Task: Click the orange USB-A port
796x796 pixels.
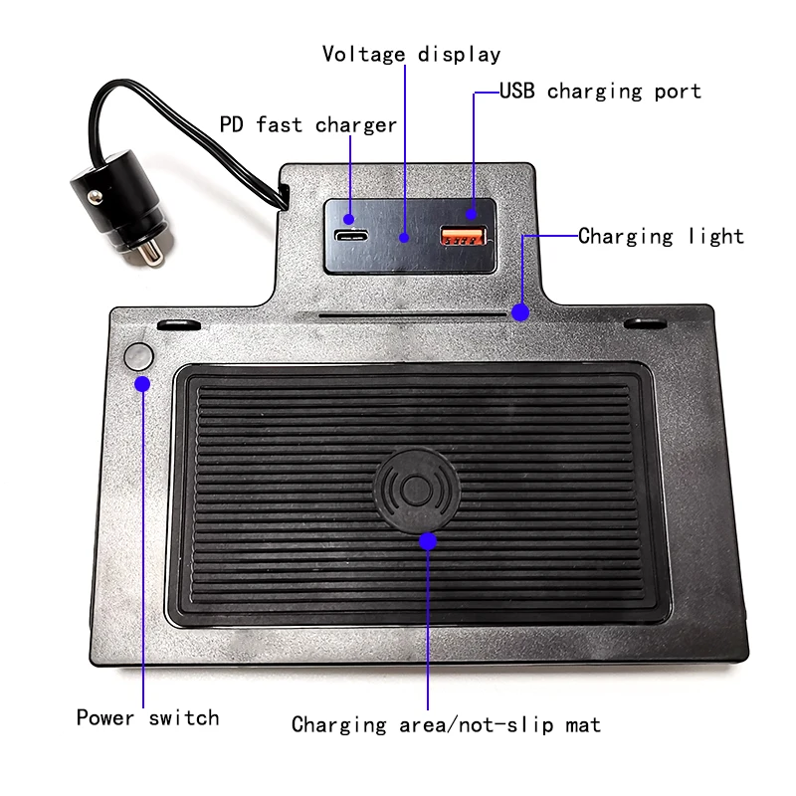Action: click(x=464, y=236)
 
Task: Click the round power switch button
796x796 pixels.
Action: click(x=138, y=356)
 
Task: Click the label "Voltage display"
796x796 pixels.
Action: click(x=411, y=54)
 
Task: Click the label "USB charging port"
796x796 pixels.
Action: click(x=600, y=92)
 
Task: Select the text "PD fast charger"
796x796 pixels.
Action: click(x=307, y=125)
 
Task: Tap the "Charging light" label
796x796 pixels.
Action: click(x=661, y=237)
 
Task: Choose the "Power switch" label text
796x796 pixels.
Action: click(x=147, y=717)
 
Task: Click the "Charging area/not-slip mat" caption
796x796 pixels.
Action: click(x=446, y=724)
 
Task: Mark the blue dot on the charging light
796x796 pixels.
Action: click(x=520, y=312)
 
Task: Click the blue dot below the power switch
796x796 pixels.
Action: click(x=142, y=383)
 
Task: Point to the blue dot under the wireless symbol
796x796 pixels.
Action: click(x=428, y=541)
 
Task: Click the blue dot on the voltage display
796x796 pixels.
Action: click(x=405, y=238)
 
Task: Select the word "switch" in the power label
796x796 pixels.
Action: click(x=186, y=717)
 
